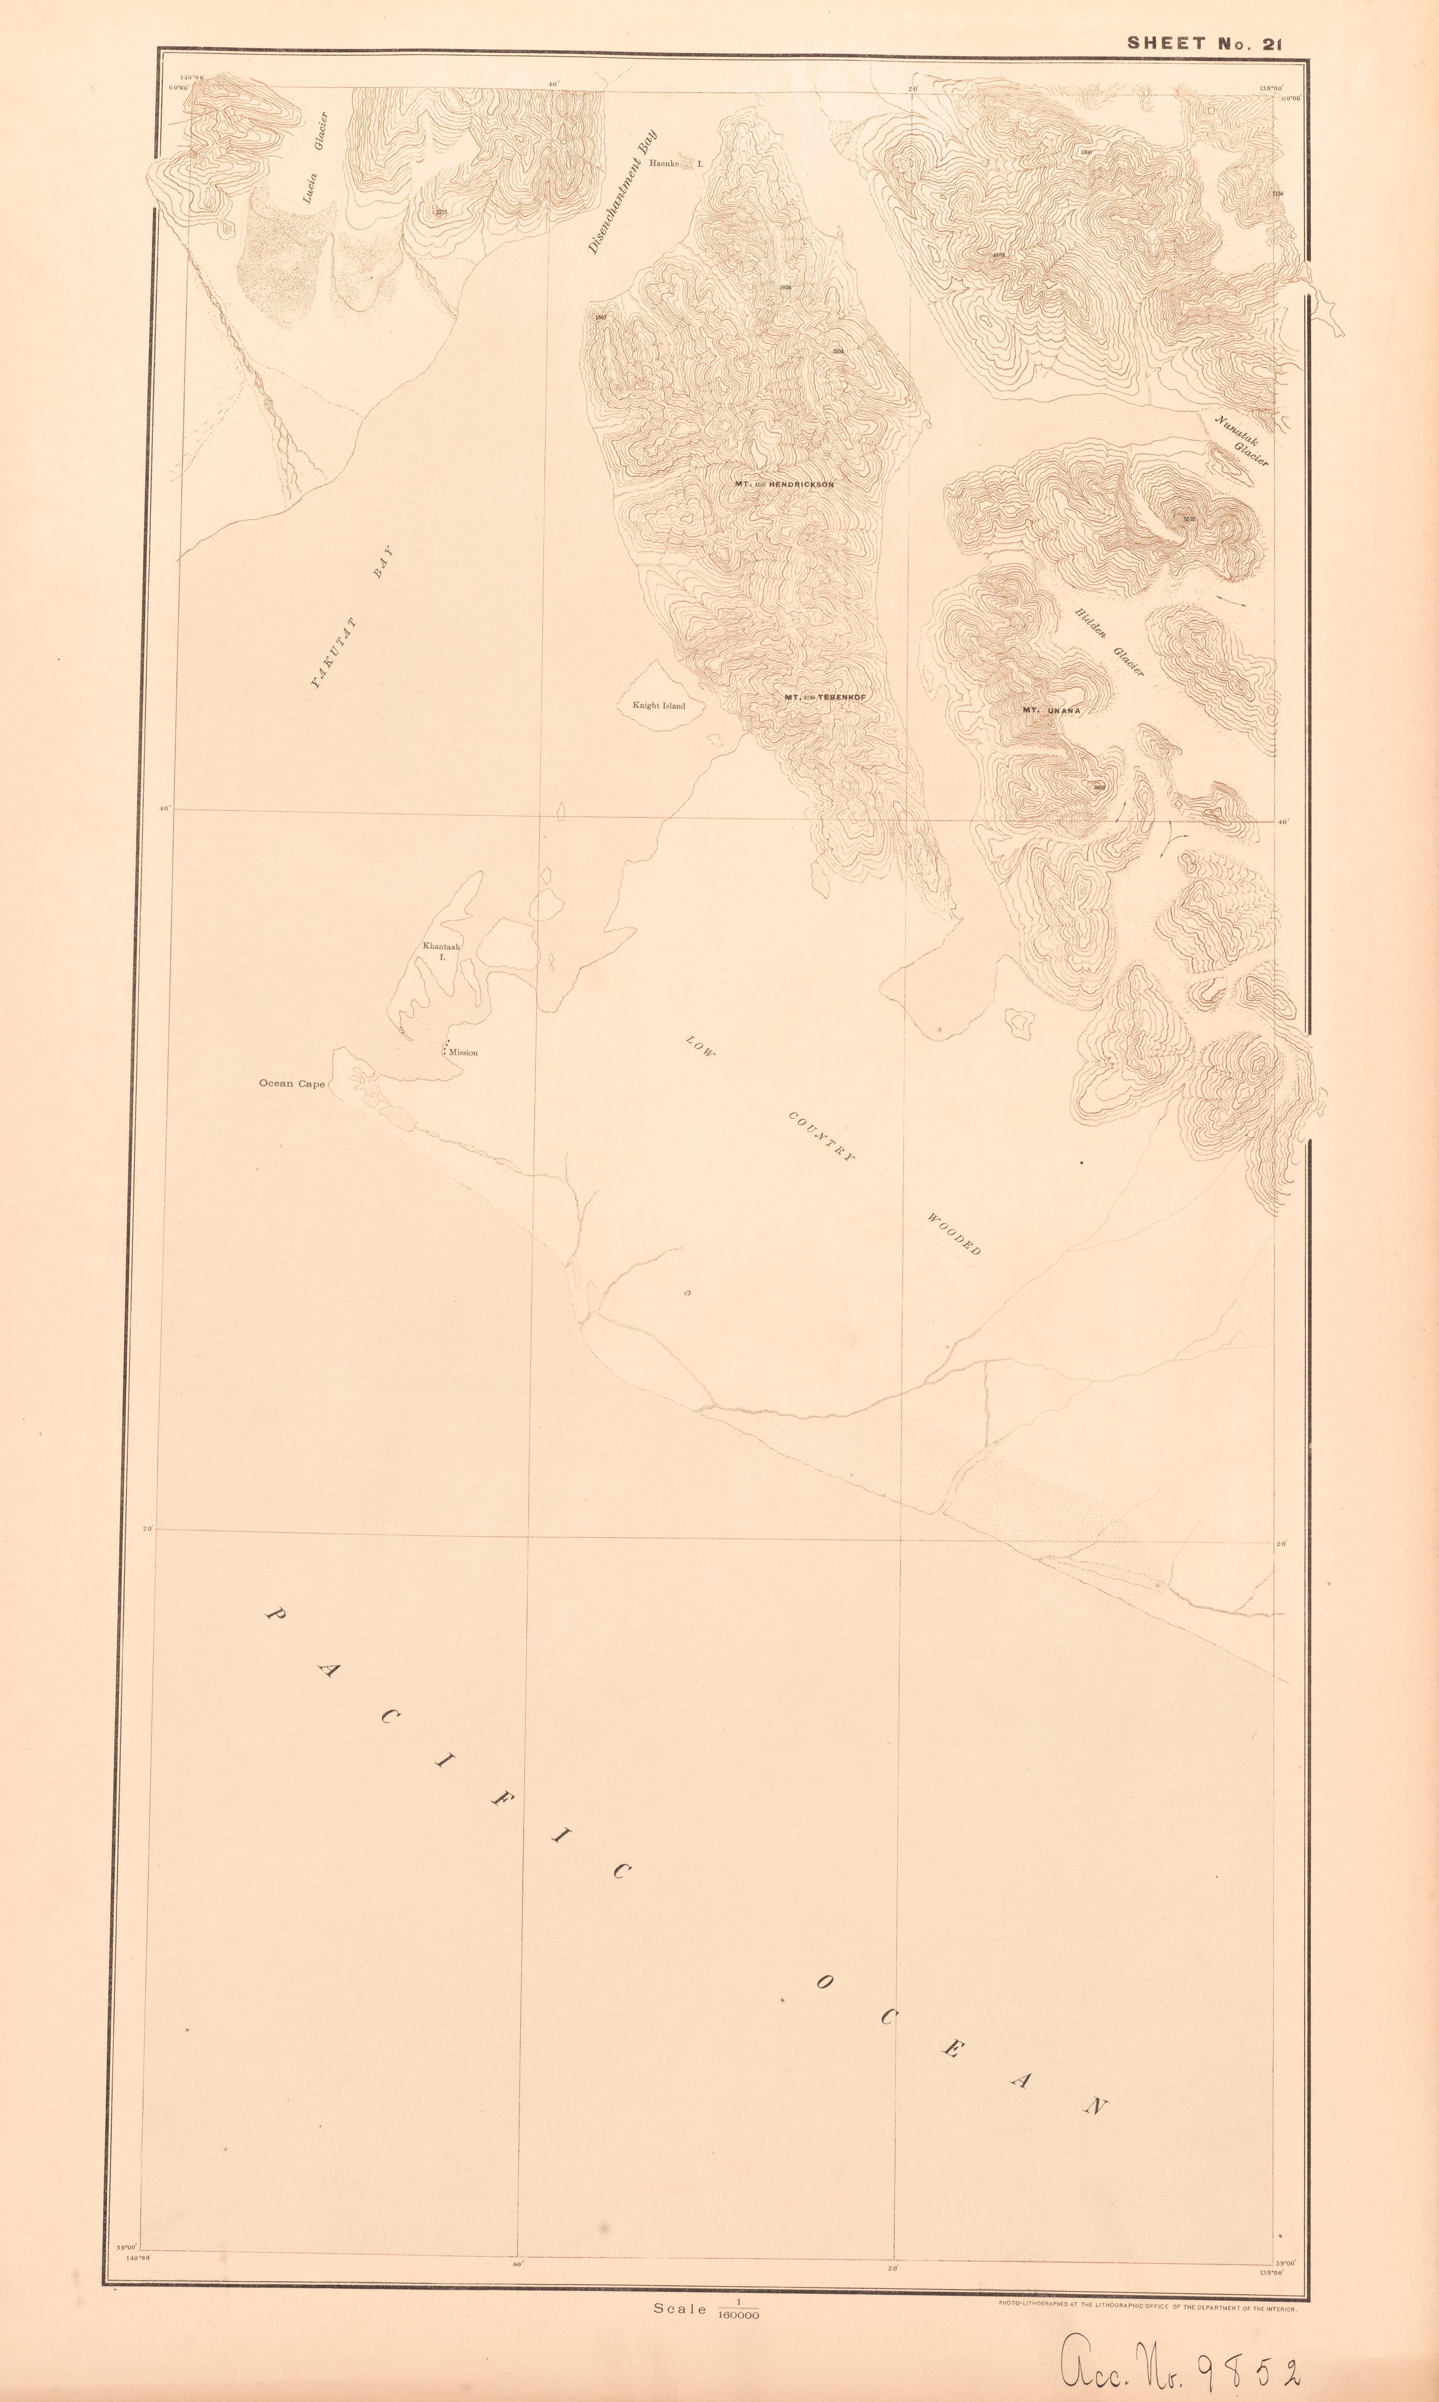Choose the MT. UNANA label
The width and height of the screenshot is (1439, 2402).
(1051, 710)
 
